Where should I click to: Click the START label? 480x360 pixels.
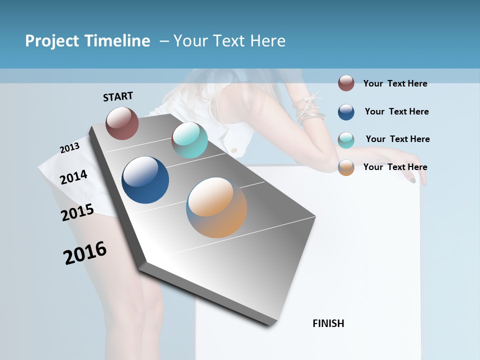click(x=118, y=96)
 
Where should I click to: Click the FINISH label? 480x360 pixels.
click(x=328, y=323)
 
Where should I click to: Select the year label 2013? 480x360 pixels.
click(x=69, y=148)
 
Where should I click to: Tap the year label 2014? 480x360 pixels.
click(x=73, y=177)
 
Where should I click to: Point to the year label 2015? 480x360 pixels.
click(x=77, y=212)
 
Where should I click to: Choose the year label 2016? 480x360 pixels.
click(x=85, y=253)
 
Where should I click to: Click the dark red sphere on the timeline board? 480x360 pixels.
click(x=122, y=123)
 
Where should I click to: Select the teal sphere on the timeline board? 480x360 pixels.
click(x=189, y=140)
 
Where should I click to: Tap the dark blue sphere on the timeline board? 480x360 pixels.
click(x=145, y=180)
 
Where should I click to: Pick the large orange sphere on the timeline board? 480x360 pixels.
click(x=216, y=207)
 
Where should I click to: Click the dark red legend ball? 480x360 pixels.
click(x=346, y=83)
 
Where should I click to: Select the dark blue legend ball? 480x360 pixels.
click(x=346, y=112)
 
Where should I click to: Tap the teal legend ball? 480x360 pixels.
click(x=346, y=140)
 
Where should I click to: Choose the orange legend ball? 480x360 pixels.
click(x=346, y=167)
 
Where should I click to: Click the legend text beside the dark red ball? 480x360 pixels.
click(x=395, y=83)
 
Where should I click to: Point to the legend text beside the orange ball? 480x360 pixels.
click(x=395, y=167)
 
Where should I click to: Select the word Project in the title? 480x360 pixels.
click(x=52, y=41)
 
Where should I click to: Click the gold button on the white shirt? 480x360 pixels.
click(x=233, y=149)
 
